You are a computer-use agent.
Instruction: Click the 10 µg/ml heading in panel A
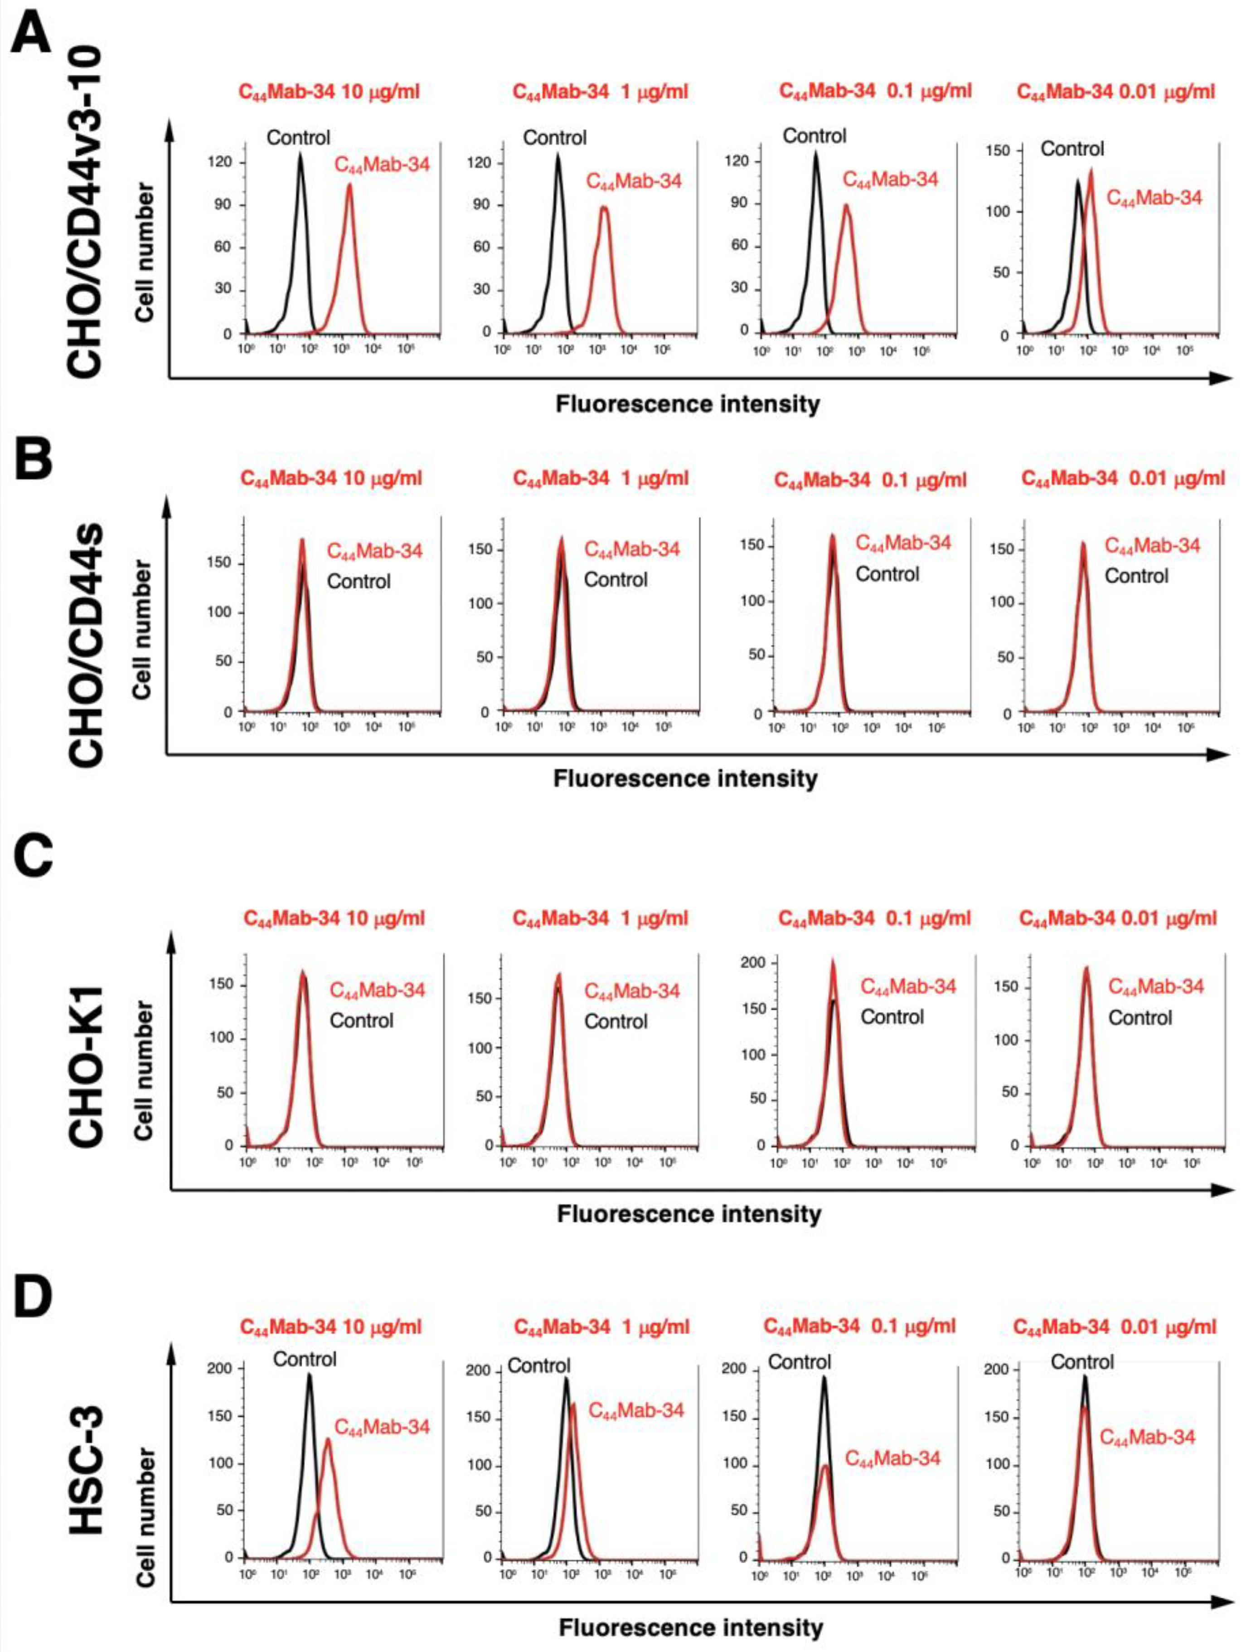pos(330,92)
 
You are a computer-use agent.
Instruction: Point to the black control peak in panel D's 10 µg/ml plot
pos(309,1375)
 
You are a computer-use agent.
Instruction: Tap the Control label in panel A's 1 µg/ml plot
pos(555,137)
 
